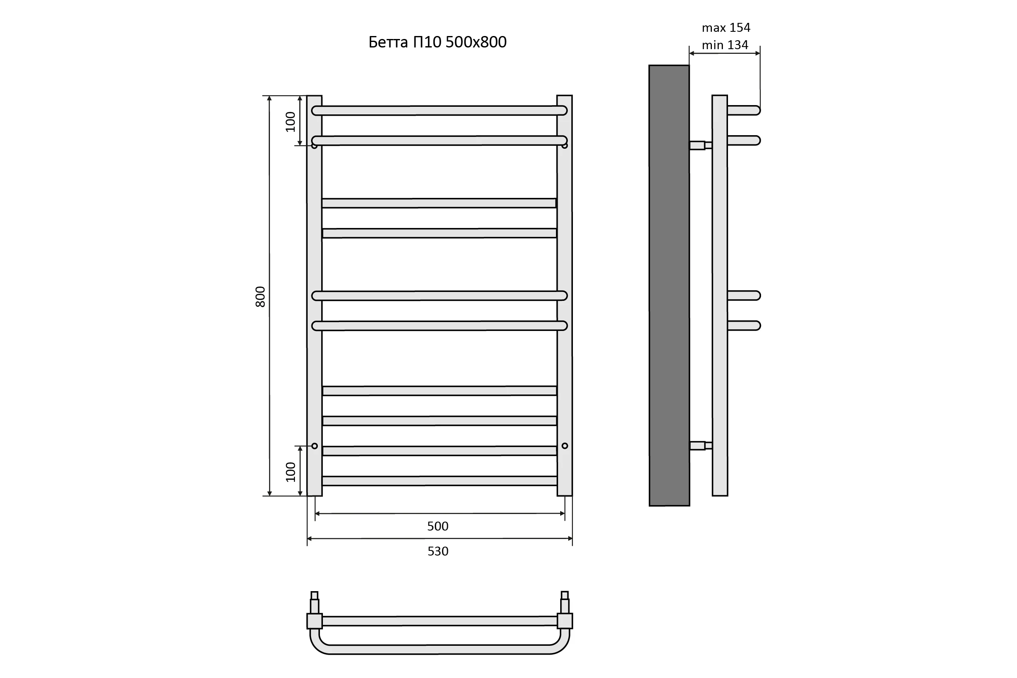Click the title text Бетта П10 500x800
pos(437,42)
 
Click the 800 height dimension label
pos(260,297)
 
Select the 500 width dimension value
pos(438,526)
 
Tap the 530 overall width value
pos(438,551)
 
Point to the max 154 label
pos(726,28)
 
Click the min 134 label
pos(725,45)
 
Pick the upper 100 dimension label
pos(291,122)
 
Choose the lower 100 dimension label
pos(291,472)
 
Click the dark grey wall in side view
pos(669,285)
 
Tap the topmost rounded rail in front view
pos(439,111)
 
